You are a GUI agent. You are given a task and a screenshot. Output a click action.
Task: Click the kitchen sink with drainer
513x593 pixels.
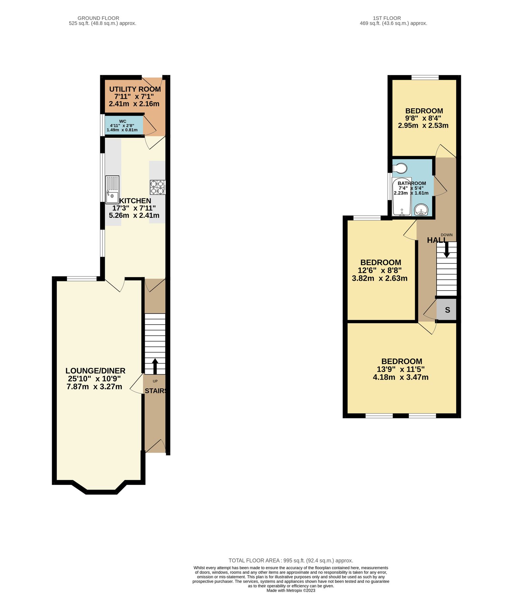[112, 190]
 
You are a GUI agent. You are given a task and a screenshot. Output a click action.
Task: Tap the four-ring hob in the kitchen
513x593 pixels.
[158, 187]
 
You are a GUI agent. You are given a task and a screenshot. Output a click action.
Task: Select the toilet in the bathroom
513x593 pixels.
[399, 168]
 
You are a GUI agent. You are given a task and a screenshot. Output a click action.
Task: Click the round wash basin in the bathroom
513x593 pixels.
[421, 210]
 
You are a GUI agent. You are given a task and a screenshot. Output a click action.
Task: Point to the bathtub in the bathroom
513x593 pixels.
[402, 197]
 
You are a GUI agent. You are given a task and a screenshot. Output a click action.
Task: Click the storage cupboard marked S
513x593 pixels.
[447, 310]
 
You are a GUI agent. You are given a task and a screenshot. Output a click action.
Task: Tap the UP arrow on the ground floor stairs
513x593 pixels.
[155, 366]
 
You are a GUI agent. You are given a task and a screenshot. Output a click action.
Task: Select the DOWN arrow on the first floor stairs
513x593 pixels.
[447, 249]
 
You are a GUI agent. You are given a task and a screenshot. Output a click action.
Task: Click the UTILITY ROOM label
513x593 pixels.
[135, 89]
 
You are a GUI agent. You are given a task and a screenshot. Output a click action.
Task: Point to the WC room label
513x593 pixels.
[123, 121]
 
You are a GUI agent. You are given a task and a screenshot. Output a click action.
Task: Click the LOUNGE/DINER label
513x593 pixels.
[95, 371]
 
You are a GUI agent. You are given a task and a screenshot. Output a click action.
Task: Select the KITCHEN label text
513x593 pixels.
[135, 201]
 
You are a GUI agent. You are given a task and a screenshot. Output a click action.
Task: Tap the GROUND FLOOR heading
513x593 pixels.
[98, 18]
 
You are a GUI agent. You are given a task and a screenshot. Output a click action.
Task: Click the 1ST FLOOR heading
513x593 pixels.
[387, 18]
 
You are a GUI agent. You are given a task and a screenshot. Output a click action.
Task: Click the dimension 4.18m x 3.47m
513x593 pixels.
[401, 377]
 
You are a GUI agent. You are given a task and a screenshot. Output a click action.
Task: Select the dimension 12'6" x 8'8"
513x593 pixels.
[379, 270]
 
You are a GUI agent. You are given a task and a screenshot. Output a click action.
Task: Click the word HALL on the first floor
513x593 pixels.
[436, 240]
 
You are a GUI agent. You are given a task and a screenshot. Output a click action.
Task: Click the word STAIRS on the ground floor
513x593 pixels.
[156, 391]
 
